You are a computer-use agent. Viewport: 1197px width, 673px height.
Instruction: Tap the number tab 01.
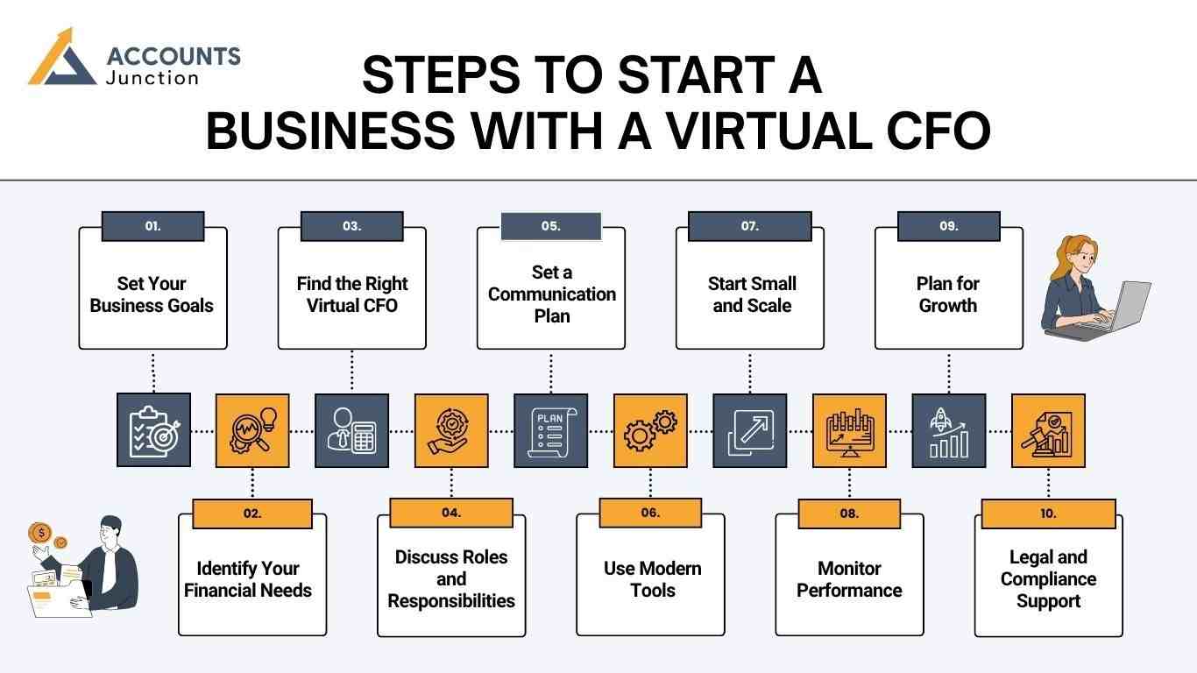coord(153,226)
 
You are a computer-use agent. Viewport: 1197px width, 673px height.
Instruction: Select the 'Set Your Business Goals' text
coord(152,294)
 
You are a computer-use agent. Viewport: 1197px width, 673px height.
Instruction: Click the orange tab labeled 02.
coord(252,514)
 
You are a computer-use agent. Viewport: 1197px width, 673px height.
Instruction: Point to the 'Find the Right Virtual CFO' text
coord(352,294)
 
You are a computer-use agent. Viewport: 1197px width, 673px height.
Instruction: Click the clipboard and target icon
coord(153,430)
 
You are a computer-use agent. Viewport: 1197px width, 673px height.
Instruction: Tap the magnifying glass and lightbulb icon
coord(252,430)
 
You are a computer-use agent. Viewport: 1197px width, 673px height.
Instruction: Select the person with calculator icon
coord(352,430)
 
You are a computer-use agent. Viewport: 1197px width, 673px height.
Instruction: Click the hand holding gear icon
coord(451,430)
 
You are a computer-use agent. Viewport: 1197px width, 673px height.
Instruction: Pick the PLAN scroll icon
coord(550,430)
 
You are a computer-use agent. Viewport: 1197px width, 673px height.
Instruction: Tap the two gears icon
coord(650,430)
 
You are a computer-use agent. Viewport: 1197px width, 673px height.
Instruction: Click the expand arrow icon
coord(749,430)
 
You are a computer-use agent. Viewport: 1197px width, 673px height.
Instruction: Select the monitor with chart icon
coord(849,430)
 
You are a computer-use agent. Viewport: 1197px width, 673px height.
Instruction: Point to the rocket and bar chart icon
coord(949,430)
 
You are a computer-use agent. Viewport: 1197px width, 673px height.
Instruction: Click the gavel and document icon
coord(1048,430)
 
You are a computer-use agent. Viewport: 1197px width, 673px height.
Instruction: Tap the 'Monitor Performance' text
coord(849,579)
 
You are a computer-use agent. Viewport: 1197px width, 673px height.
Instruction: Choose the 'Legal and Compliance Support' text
coord(1048,579)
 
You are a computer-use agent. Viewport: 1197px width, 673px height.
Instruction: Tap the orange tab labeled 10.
coord(1048,514)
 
